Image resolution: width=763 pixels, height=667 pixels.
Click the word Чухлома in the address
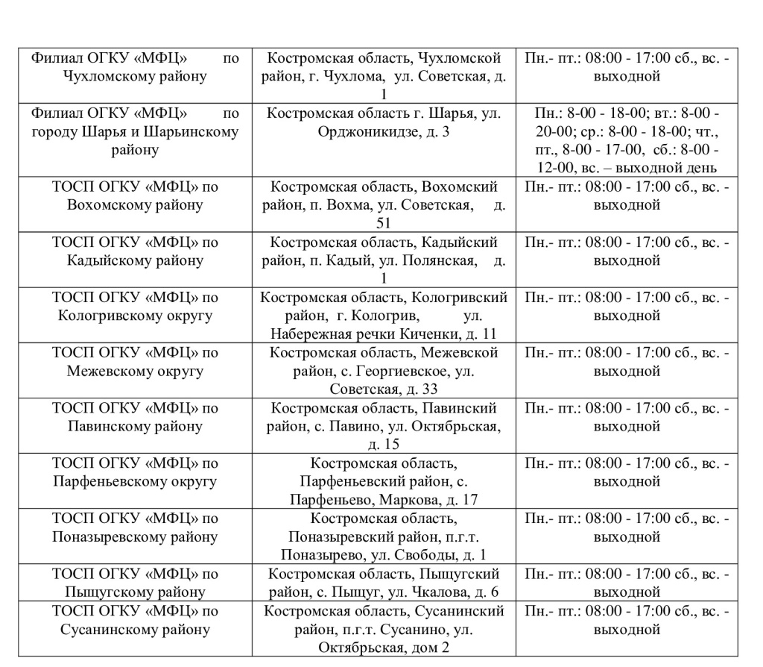click(x=352, y=76)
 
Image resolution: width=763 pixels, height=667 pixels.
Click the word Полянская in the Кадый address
click(x=440, y=260)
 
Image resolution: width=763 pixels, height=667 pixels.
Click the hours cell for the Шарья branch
click(x=626, y=140)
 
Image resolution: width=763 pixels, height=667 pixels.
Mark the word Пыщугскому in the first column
click(x=104, y=592)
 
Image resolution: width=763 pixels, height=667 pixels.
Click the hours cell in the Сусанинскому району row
click(x=626, y=620)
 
